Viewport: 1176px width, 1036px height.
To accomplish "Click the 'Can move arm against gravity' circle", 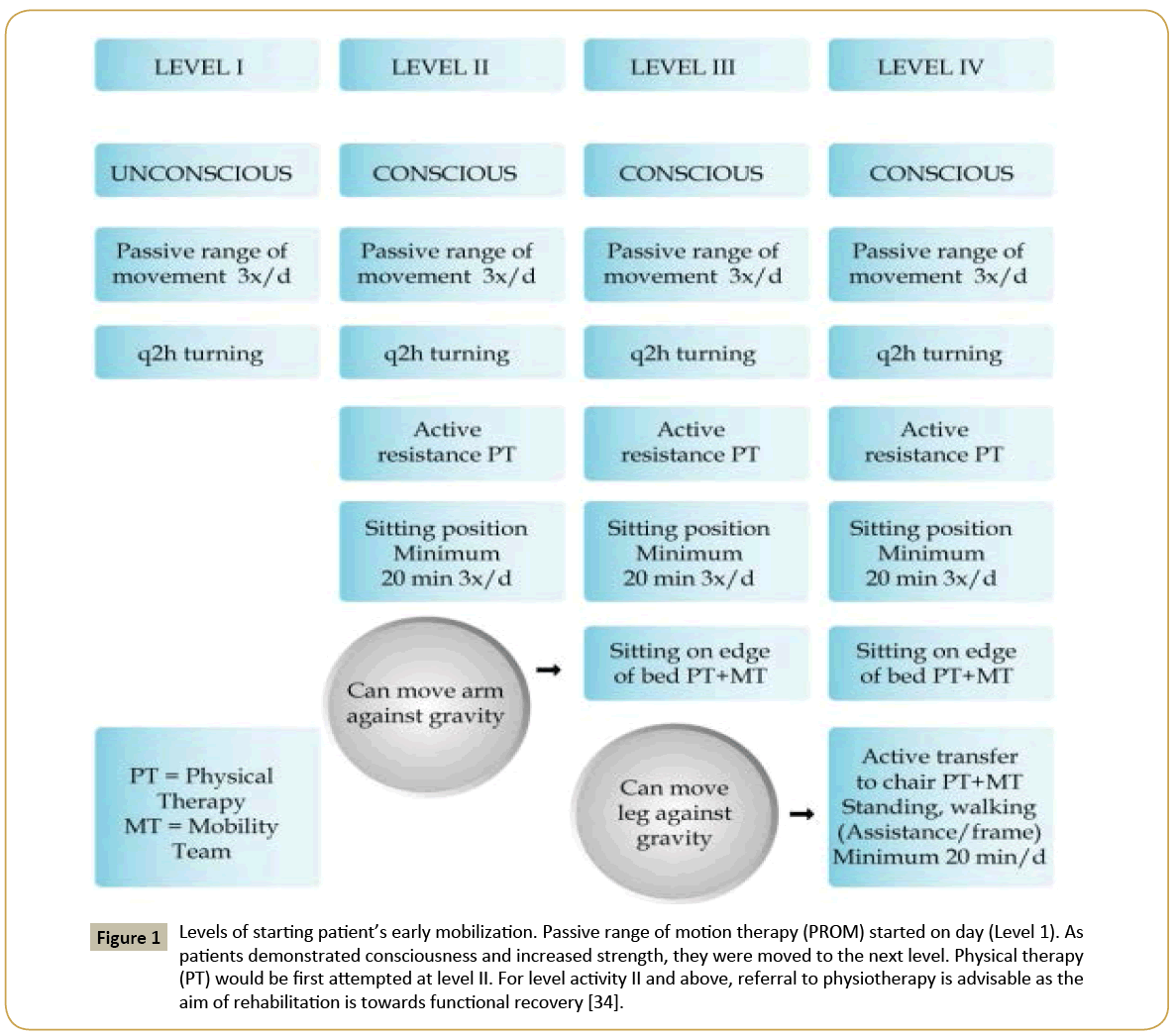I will [x=426, y=703].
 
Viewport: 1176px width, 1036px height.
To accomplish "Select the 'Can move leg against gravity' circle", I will [x=675, y=812].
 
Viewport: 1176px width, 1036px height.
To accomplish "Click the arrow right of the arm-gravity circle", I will [x=549, y=671].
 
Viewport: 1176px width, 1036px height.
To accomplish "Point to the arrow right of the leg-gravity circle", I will [x=802, y=814].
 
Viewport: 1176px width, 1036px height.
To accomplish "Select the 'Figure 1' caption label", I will [x=129, y=937].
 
